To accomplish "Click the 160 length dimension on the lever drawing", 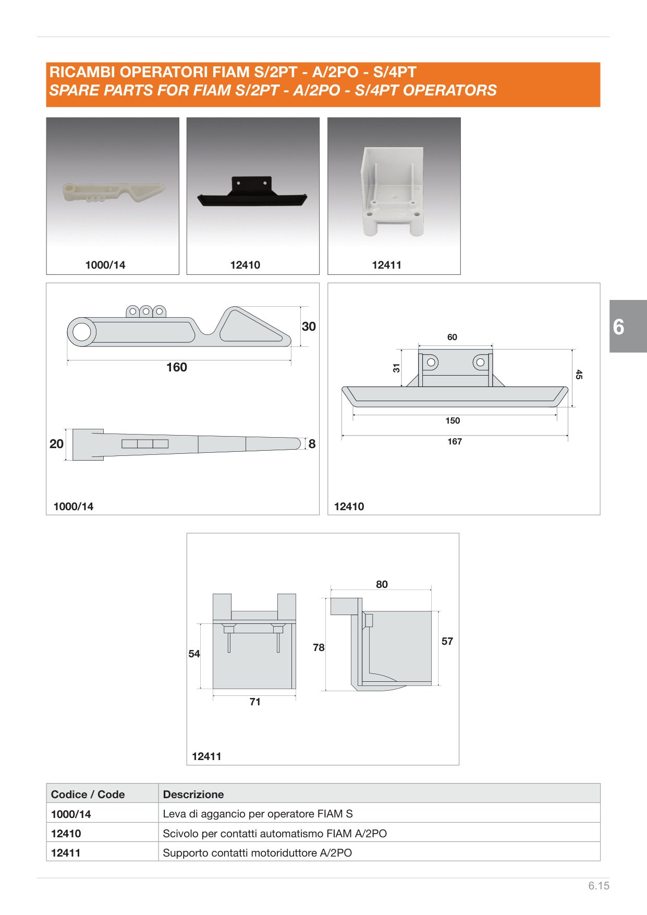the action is point(177,367).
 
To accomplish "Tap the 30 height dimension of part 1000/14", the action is point(309,327).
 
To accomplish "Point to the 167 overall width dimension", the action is point(455,442).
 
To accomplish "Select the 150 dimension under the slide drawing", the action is point(453,421).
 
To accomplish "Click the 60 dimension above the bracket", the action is point(452,338).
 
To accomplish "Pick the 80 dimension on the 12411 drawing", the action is point(382,585).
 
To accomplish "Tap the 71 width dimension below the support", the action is point(255,702).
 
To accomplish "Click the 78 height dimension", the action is point(319,647).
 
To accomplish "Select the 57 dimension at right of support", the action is point(447,641).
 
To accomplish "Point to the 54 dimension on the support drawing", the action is point(194,654).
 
